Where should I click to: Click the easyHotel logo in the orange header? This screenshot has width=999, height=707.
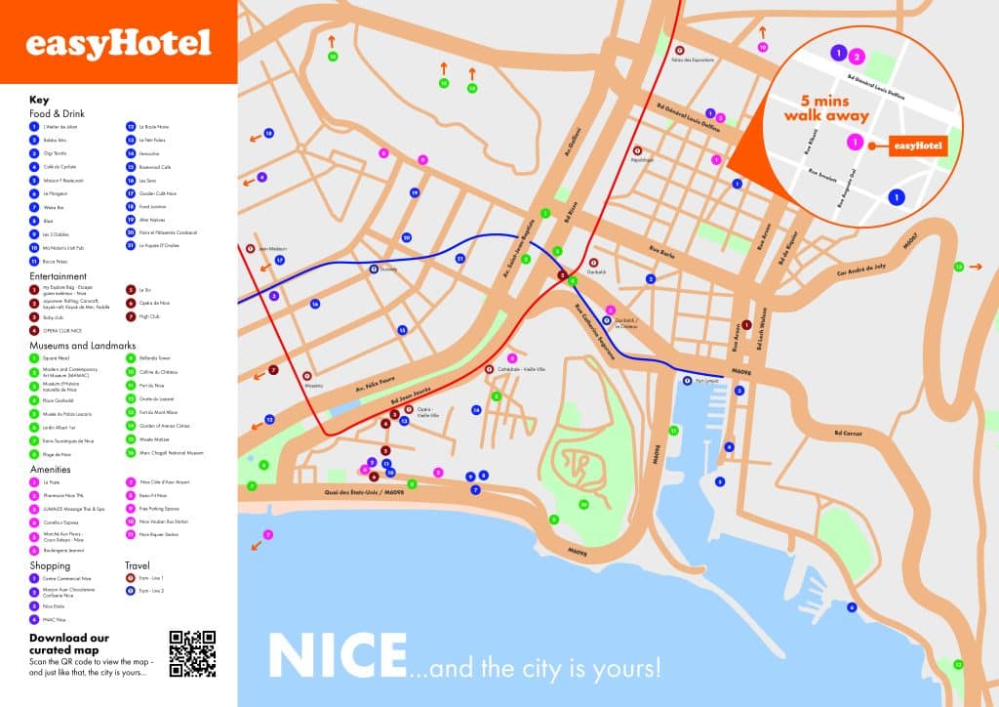pos(117,43)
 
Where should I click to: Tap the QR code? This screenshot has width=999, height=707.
pos(192,653)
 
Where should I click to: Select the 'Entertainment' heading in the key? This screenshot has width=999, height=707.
pos(59,276)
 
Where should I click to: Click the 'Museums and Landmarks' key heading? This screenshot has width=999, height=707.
pos(83,346)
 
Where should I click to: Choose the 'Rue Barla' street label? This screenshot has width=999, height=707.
pos(663,253)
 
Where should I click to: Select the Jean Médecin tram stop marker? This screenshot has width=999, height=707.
pos(251,249)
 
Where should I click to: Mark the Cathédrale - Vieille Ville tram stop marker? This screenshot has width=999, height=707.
pos(489,369)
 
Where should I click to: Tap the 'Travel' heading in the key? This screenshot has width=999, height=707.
pos(137,565)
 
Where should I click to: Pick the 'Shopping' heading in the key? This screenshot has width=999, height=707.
pos(50,565)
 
